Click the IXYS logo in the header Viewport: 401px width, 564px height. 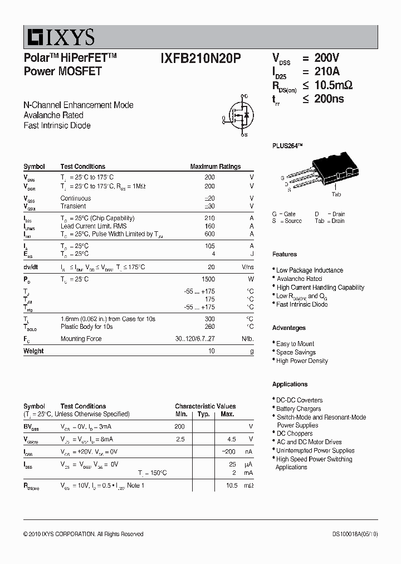tap(59, 37)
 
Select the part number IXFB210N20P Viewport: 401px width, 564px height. tap(200, 59)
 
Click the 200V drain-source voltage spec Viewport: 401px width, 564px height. tap(326, 58)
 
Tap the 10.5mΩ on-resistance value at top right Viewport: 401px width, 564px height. tap(334, 85)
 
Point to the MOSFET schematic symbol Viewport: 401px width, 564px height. tap(240, 115)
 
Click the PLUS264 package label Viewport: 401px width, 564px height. tap(287, 146)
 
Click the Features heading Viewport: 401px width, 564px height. tap(285, 254)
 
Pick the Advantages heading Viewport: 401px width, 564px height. tap(288, 328)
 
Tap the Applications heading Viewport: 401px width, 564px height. tap(290, 384)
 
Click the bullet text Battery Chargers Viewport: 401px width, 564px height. tap(299, 409)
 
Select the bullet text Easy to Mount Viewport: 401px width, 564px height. tap(295, 344)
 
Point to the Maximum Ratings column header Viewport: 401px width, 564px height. tap(215, 167)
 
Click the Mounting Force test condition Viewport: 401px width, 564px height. tap(81, 338)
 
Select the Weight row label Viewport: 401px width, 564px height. tap(33, 351)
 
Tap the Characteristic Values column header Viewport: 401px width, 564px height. tap(205, 406)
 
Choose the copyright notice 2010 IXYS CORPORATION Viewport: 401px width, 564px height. tap(83, 534)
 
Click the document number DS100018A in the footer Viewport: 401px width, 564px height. tap(351, 534)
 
